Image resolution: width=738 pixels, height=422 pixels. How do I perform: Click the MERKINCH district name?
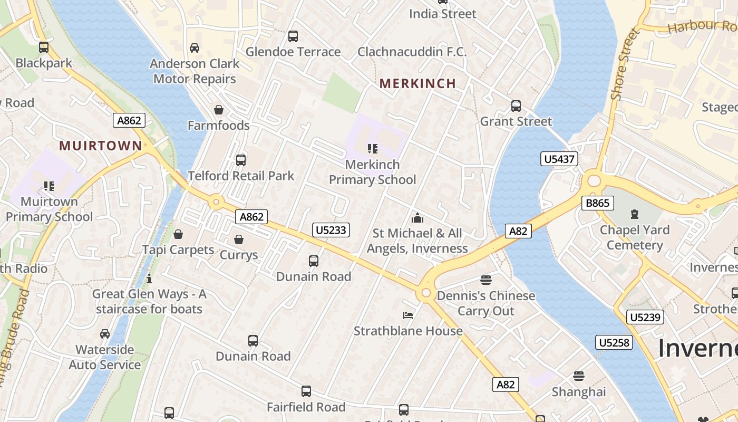[417, 83]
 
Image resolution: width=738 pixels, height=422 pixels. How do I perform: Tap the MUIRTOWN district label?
[100, 146]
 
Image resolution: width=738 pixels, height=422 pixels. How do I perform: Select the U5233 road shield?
[332, 229]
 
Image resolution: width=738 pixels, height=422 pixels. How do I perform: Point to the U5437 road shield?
[559, 159]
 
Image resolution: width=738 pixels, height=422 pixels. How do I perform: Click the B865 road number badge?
[598, 203]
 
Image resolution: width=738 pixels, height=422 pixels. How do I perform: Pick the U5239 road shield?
[645, 317]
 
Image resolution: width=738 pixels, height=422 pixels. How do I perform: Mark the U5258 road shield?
[614, 342]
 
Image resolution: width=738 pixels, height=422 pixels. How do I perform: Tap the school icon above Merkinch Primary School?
[373, 149]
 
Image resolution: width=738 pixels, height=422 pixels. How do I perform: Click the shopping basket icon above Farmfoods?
[219, 110]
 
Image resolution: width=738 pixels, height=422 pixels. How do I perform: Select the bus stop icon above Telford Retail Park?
[241, 160]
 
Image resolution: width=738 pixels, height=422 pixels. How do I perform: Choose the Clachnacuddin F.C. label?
[412, 52]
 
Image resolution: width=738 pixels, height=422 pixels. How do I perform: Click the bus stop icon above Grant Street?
[516, 106]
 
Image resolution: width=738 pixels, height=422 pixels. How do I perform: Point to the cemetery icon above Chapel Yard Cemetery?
[635, 214]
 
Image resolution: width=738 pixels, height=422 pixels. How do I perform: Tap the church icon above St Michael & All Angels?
[417, 217]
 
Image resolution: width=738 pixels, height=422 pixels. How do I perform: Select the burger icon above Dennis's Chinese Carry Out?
[486, 280]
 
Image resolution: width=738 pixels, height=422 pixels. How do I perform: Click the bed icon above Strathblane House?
[408, 315]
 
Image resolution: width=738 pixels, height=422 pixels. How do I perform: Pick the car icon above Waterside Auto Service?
[105, 334]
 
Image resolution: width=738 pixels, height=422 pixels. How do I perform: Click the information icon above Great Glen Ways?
[149, 278]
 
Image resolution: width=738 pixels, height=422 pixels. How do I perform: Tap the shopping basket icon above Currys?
[239, 239]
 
